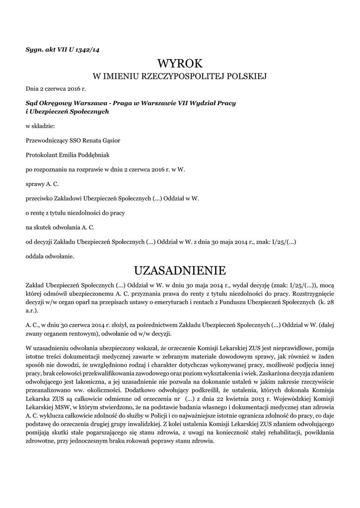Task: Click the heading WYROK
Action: point(180,63)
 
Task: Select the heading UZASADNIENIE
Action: point(180,270)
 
